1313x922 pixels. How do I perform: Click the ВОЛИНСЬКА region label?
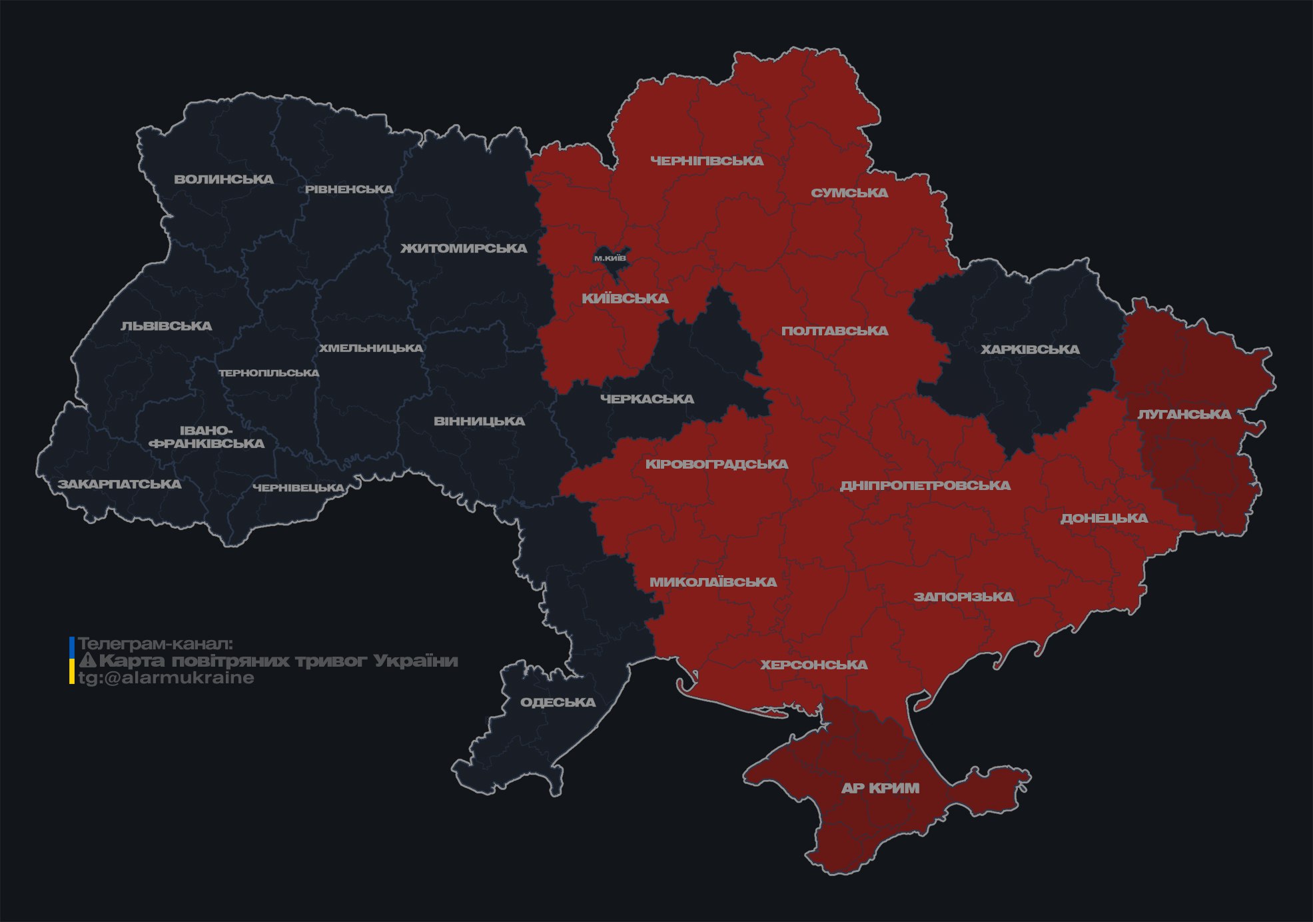pos(223,179)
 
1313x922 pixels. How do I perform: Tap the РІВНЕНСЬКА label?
pos(349,189)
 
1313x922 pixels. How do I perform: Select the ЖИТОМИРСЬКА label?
pos(463,248)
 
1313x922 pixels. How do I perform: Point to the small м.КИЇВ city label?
pos(610,258)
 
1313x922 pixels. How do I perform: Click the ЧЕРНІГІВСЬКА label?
pos(706,161)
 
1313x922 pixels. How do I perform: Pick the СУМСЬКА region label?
pos(849,193)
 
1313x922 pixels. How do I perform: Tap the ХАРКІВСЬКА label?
pos(1029,349)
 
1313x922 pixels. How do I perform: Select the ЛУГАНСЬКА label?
pos(1184,414)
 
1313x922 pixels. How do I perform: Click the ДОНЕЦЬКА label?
pos(1104,518)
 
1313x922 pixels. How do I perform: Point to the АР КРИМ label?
pos(880,788)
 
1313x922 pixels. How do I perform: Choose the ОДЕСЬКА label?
pos(558,702)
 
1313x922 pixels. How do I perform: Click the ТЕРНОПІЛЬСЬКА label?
pos(269,373)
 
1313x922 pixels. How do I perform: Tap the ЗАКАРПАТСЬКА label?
pos(119,484)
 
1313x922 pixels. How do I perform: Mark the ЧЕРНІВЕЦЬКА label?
pos(298,488)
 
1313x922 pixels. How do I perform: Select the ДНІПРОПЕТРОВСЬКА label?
pos(925,485)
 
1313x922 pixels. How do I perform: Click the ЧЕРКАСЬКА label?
pos(647,399)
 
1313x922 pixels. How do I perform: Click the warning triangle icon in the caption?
pos(88,661)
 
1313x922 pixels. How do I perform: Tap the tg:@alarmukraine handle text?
pos(166,678)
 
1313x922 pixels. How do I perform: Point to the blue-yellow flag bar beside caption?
pos(72,661)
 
